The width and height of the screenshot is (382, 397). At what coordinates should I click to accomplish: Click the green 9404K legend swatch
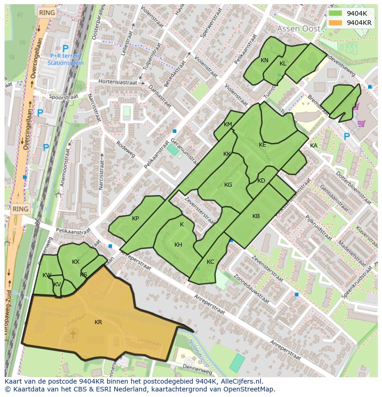click(336, 13)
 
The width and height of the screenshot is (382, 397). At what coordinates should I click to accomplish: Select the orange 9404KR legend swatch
click(336, 23)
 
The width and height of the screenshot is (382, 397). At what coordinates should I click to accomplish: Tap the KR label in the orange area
click(98, 322)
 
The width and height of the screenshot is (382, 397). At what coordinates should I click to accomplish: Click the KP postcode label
click(135, 219)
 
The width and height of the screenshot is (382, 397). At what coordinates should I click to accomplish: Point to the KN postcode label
click(264, 60)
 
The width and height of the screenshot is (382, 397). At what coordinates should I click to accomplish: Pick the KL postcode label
click(283, 64)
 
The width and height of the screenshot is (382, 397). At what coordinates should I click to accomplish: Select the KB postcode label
click(256, 216)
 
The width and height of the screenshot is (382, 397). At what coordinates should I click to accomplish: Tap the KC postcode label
click(210, 262)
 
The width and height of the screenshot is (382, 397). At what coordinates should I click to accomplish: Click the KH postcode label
click(178, 245)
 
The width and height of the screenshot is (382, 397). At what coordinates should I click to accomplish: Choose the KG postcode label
click(228, 185)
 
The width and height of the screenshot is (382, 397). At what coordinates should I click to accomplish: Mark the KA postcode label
click(314, 146)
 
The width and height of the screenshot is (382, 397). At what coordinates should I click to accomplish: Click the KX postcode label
click(76, 262)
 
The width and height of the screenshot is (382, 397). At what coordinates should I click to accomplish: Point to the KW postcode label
click(47, 275)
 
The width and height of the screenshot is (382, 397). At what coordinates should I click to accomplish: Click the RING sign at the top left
click(47, 13)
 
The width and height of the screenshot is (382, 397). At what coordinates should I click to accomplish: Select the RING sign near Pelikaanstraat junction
click(20, 209)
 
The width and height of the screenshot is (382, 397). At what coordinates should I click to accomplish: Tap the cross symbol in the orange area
click(72, 333)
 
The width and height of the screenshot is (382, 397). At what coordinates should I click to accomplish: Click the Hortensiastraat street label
click(119, 82)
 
